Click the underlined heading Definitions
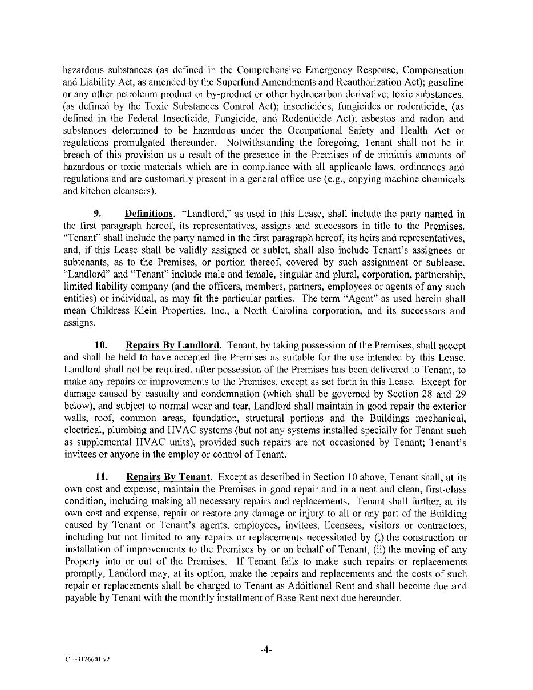(148, 214)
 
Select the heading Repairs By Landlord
(172, 346)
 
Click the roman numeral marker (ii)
(386, 550)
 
